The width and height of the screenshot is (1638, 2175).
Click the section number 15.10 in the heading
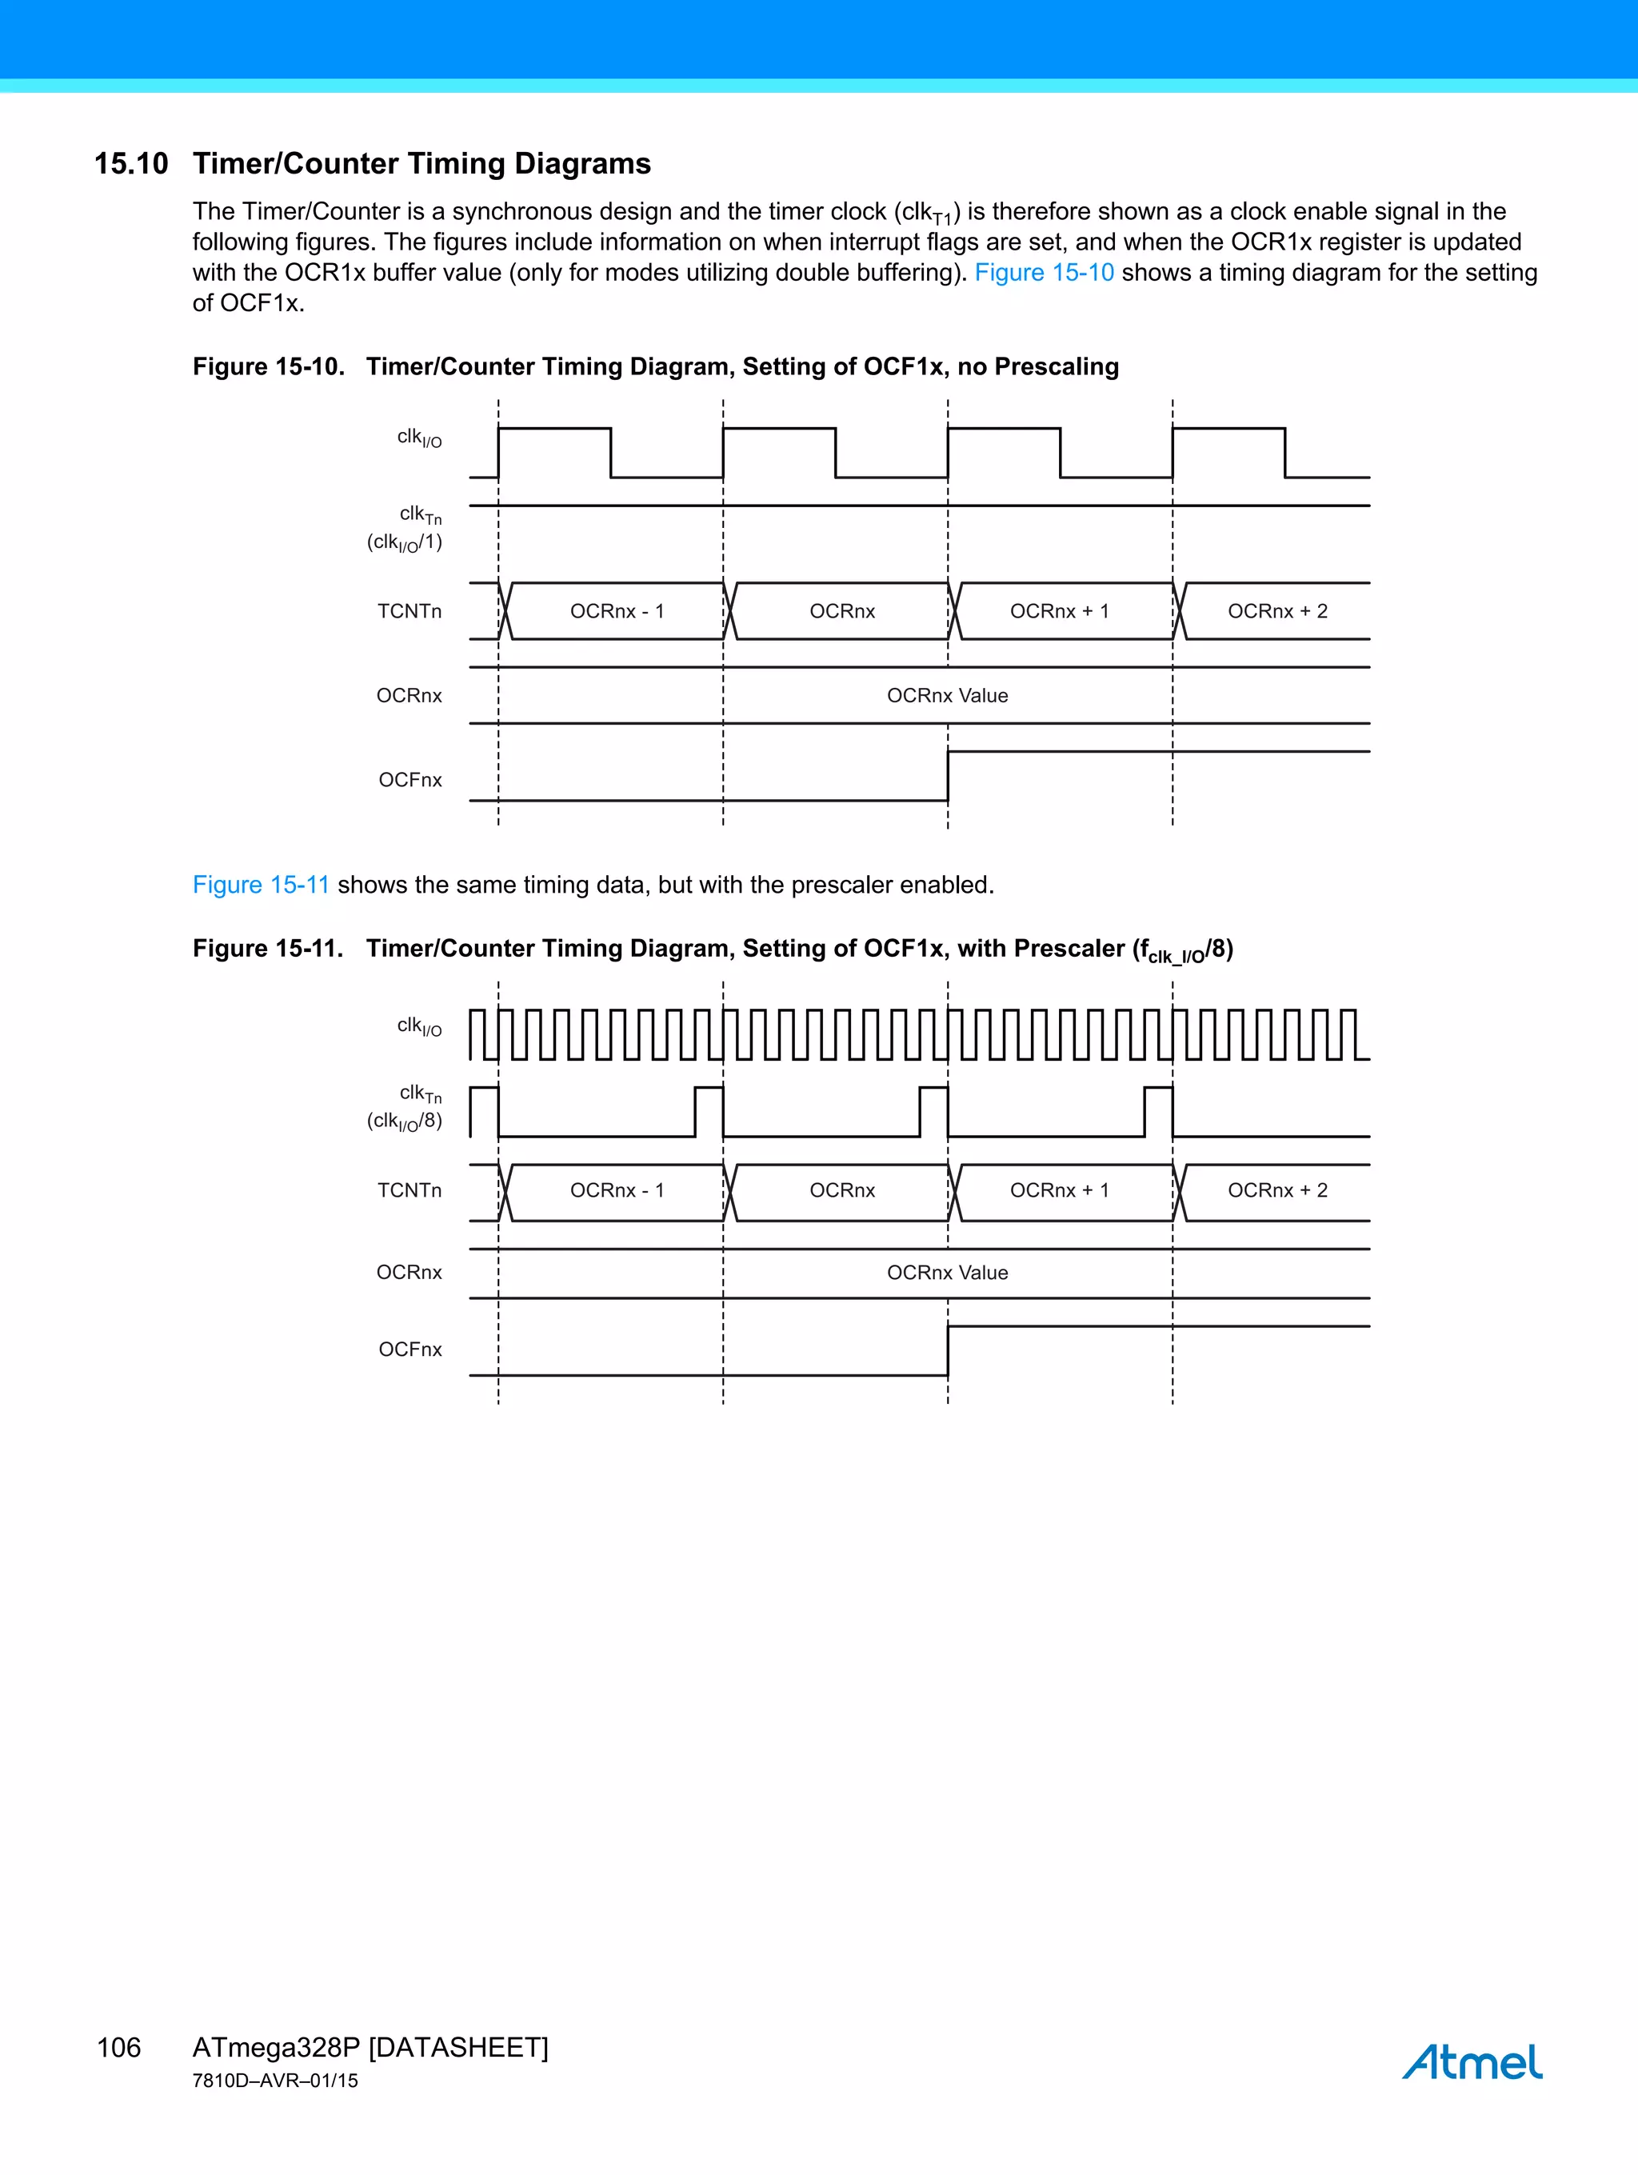click(x=130, y=163)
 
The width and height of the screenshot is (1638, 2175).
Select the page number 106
click(x=119, y=2047)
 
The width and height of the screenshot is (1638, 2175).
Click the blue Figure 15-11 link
click(x=261, y=885)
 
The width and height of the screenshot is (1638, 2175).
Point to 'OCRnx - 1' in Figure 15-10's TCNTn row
click(x=617, y=612)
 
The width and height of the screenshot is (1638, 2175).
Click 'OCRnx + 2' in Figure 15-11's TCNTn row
click(x=1277, y=1191)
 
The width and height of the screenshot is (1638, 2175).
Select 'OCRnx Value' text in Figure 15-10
click(x=947, y=696)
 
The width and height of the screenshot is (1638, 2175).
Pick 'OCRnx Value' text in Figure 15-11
click(x=947, y=1273)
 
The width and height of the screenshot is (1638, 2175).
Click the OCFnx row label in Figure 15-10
click(x=410, y=781)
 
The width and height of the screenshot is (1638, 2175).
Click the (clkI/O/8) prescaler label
click(x=404, y=1121)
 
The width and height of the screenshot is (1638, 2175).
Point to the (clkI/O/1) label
click(x=404, y=542)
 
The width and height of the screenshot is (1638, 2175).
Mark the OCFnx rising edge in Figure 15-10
click(x=948, y=776)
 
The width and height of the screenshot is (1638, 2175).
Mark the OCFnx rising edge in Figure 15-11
click(x=948, y=1351)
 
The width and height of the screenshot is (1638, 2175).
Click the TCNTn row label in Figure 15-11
click(x=409, y=1191)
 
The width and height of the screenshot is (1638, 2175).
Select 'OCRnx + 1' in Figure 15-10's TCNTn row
click(x=1059, y=612)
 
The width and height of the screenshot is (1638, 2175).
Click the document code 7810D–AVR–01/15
click(x=275, y=2081)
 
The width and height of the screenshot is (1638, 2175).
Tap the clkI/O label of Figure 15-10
click(x=419, y=438)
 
